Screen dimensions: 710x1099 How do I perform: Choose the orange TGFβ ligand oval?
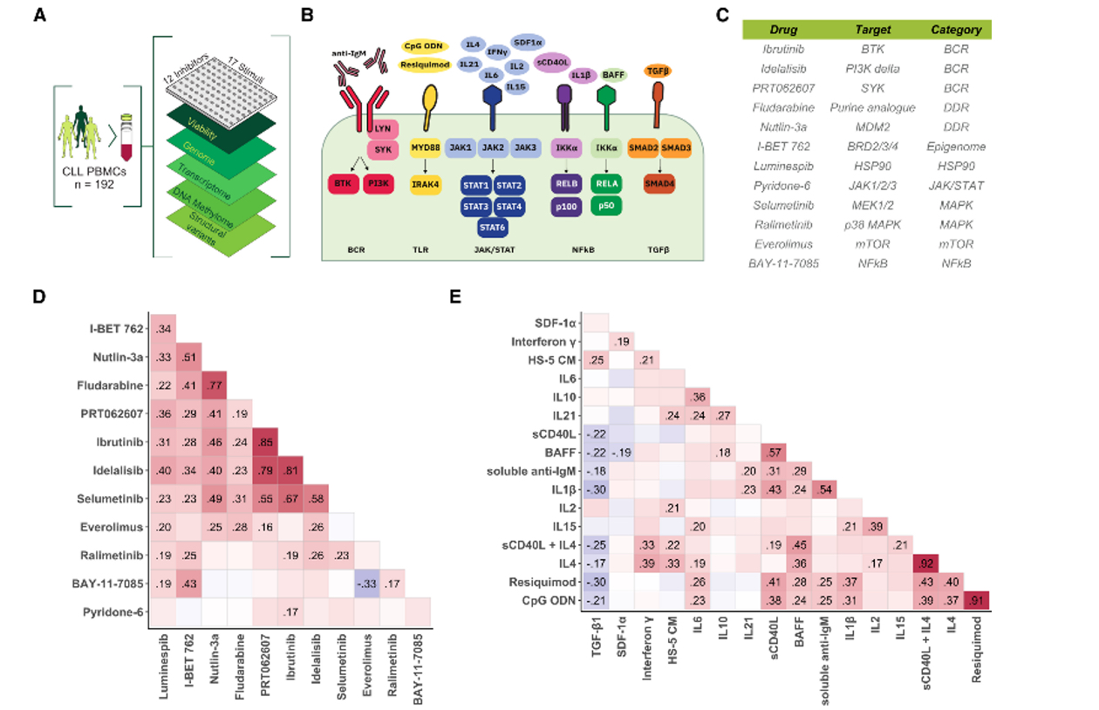656,71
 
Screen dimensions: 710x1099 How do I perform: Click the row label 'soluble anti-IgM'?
532,470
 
